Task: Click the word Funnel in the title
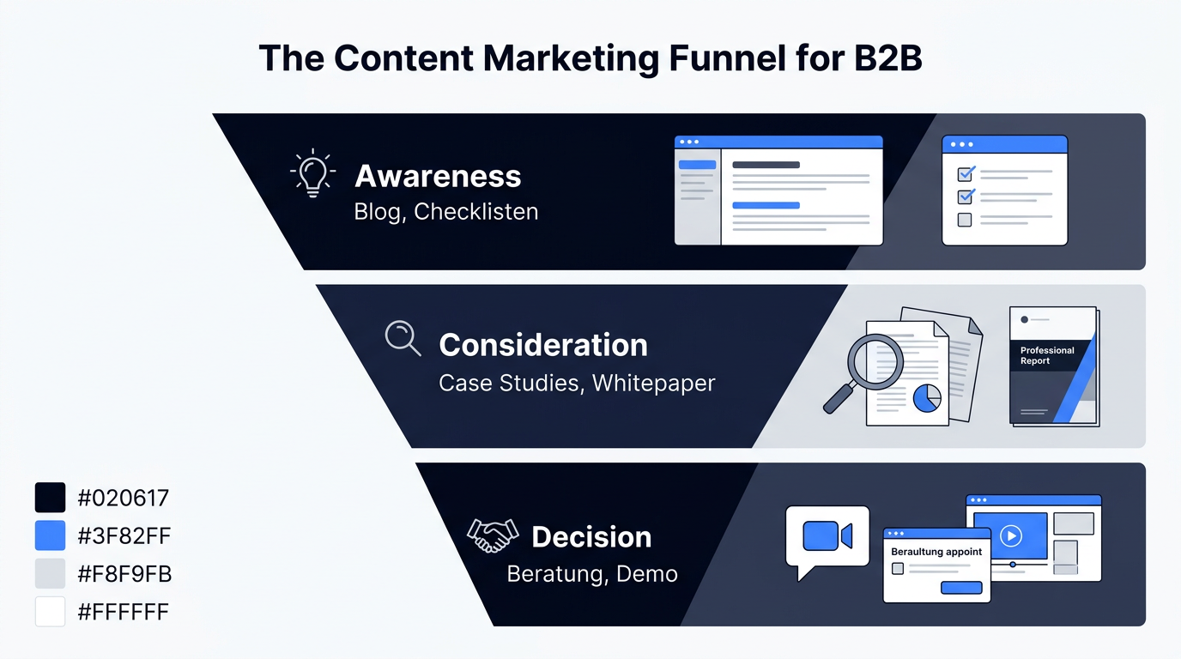point(727,57)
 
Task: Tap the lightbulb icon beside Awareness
point(312,173)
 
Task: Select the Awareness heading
point(438,176)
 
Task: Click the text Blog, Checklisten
point(446,212)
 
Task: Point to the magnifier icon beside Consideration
point(403,338)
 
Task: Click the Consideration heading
point(543,345)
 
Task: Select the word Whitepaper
point(653,384)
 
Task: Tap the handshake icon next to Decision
point(493,535)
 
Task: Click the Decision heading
point(591,537)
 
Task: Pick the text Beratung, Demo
point(592,574)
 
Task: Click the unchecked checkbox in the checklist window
point(965,220)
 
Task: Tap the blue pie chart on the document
point(927,398)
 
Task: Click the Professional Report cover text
point(1046,355)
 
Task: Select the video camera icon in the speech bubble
point(827,535)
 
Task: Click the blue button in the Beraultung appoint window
point(961,587)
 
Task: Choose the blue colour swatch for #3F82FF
point(50,535)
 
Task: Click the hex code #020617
point(123,498)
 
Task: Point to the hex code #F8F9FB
point(124,573)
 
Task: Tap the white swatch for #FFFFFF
point(50,612)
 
